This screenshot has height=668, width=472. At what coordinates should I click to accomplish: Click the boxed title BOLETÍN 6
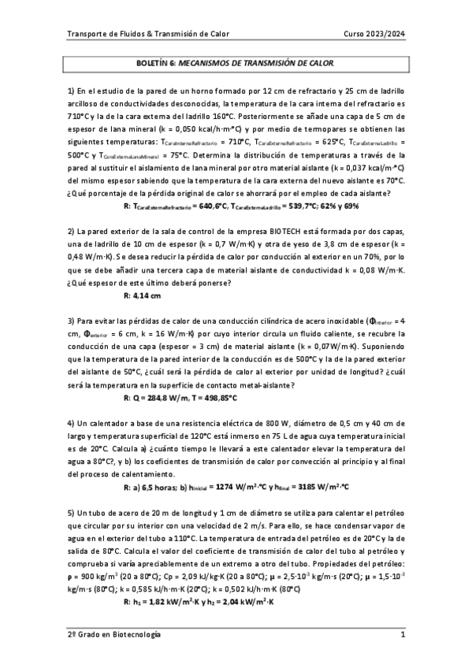[x=236, y=61]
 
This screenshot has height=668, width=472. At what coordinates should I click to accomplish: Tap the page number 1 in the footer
[x=402, y=634]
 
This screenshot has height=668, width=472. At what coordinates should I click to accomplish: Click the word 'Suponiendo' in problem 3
[x=382, y=346]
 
